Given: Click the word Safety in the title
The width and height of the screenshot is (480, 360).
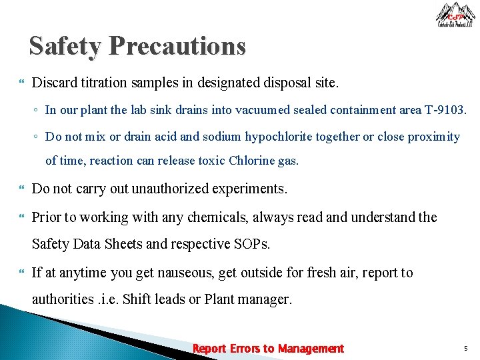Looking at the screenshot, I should pyautogui.click(x=65, y=47).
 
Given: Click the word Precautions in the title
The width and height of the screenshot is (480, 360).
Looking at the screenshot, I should pyautogui.click(x=177, y=47).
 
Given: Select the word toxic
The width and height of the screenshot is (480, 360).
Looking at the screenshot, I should pyautogui.click(x=208, y=161).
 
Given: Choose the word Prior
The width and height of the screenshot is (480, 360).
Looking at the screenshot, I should pyautogui.click(x=47, y=217).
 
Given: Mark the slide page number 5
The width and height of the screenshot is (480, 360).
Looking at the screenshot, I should pyautogui.click(x=465, y=348).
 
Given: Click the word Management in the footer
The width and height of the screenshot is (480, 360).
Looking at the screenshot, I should pyautogui.click(x=311, y=349).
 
